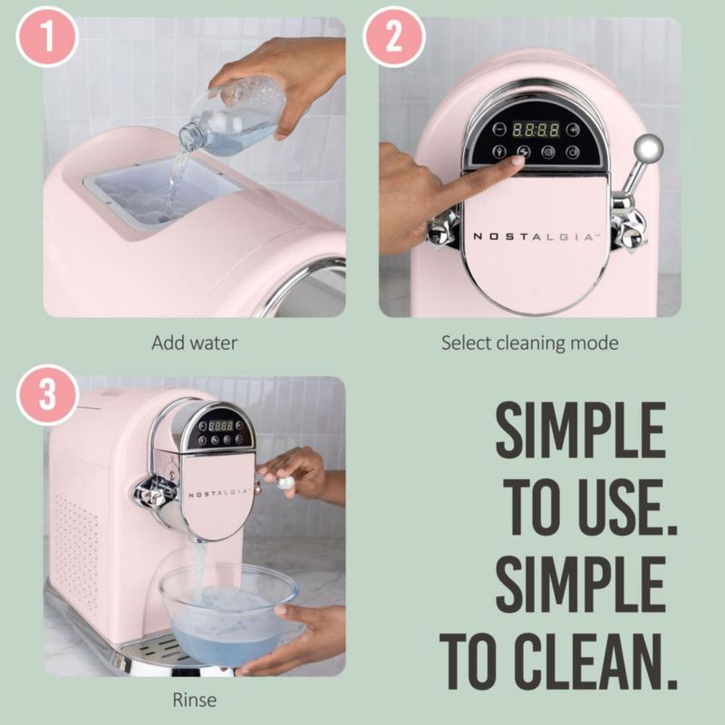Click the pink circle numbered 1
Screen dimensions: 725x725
[x=47, y=37]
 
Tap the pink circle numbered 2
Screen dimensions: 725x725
[x=394, y=37]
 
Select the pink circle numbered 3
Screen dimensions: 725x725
[x=47, y=395]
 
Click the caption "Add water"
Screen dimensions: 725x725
[x=194, y=343]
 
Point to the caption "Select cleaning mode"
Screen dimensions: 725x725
[x=530, y=343]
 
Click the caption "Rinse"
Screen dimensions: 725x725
[x=194, y=700]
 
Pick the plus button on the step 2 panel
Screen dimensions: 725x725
[x=573, y=130]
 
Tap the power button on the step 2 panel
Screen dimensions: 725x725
[x=573, y=151]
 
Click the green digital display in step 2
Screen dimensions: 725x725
[x=536, y=130]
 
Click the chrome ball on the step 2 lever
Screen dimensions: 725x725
[x=648, y=149]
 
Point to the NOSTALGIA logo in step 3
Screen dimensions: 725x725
[x=218, y=493]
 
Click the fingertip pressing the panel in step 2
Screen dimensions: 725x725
[x=517, y=162]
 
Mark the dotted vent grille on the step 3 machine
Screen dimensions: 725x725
[x=77, y=550]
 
